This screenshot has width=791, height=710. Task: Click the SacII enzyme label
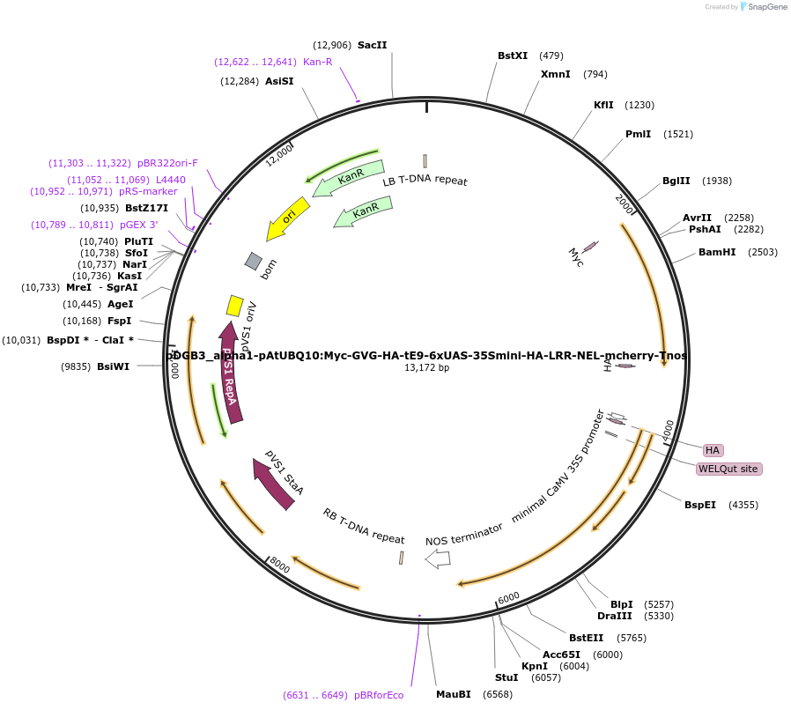point(372,45)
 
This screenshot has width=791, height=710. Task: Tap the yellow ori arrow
point(288,217)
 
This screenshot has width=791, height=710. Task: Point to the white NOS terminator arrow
point(438,558)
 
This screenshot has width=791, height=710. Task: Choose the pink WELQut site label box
point(728,469)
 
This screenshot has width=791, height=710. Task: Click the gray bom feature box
point(254,261)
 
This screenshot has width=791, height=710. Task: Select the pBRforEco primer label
point(379,695)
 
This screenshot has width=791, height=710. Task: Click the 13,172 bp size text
point(426,367)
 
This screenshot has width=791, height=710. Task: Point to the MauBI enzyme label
point(454,694)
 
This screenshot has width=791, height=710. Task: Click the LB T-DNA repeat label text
point(425,181)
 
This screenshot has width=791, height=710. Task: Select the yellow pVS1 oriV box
point(235,305)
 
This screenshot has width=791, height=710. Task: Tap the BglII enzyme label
point(676,181)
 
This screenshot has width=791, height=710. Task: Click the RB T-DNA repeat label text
point(363,525)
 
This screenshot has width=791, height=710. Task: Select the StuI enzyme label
point(506,677)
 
